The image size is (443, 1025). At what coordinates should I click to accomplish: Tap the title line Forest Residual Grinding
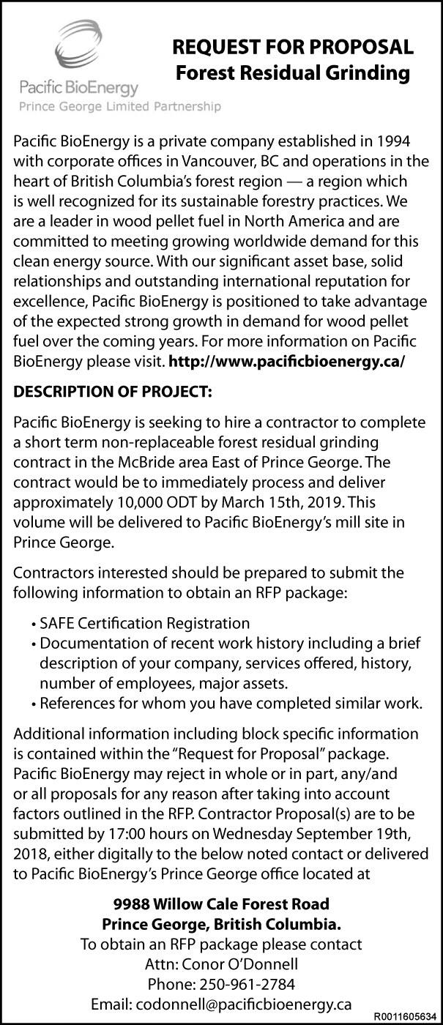(x=293, y=73)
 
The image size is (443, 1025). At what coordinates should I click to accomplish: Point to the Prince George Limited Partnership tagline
(x=119, y=107)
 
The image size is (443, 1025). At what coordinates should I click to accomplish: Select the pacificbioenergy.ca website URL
(x=286, y=361)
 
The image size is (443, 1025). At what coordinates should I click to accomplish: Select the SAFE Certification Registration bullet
(x=145, y=623)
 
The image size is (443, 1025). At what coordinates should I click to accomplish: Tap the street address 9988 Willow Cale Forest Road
(x=221, y=904)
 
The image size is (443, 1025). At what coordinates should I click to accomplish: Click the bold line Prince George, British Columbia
(x=221, y=924)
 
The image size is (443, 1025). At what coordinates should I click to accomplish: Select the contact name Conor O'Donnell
(x=221, y=963)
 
